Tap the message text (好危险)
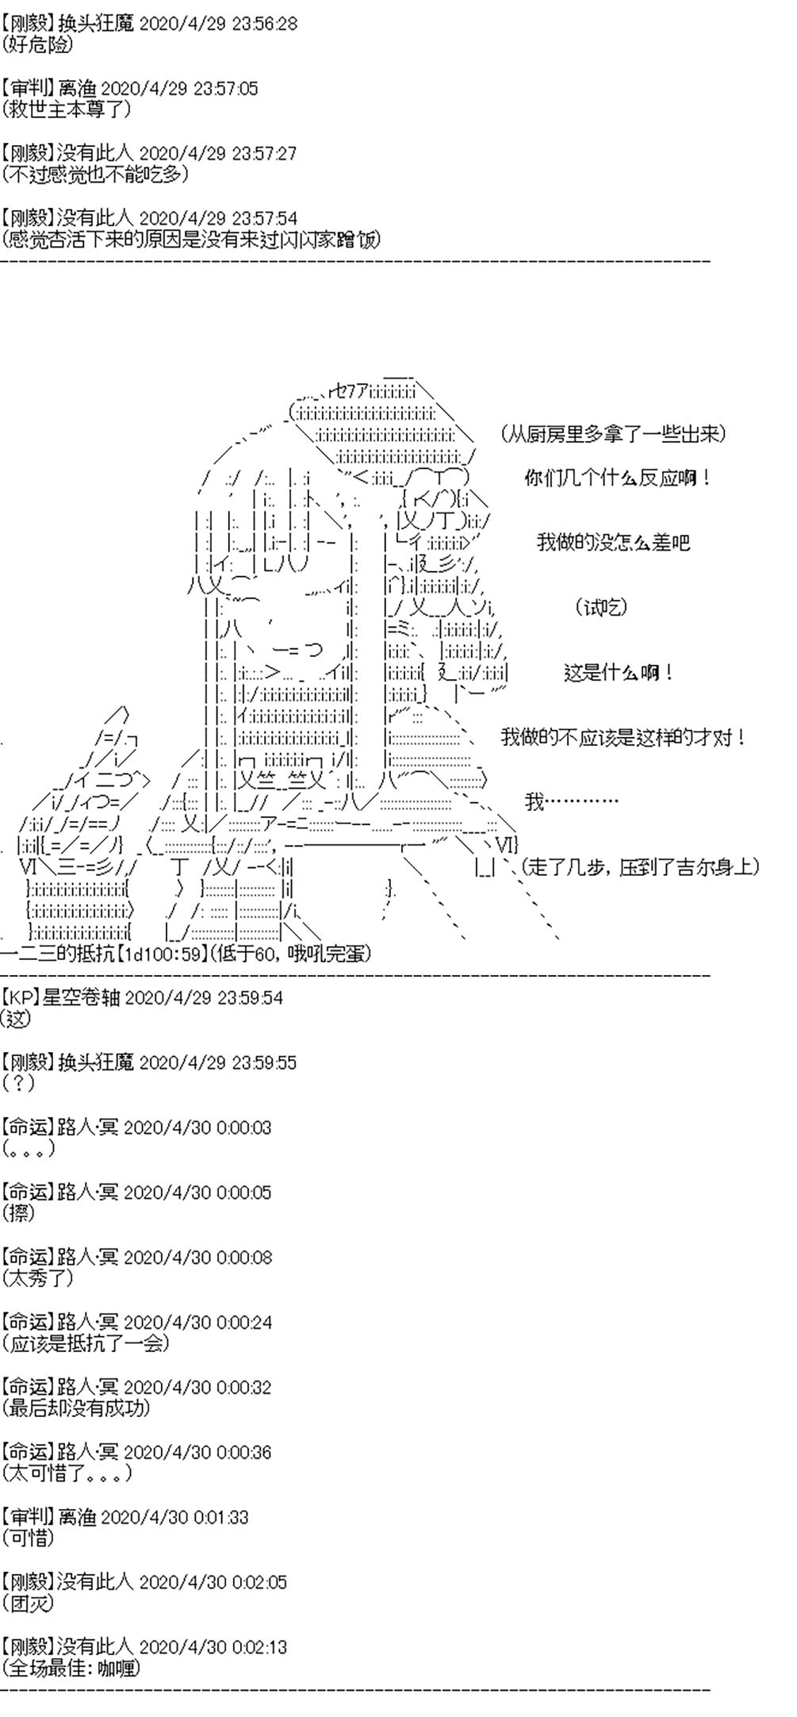[39, 44]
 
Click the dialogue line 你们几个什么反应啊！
[618, 478]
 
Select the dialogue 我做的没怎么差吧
[613, 543]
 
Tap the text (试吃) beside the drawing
[600, 608]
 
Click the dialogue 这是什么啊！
[619, 673]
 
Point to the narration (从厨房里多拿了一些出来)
[614, 434]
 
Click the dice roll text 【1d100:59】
[163, 954]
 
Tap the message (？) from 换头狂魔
[18, 1083]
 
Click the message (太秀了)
[38, 1278]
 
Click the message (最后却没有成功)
[76, 1408]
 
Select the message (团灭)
[29, 1604]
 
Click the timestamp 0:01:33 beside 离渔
[220, 1517]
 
